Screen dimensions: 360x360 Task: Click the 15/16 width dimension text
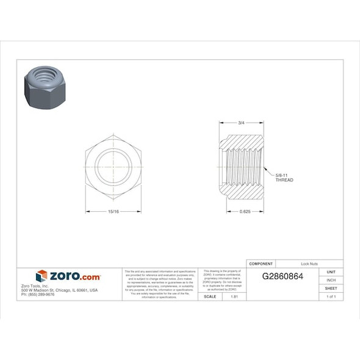[113, 212]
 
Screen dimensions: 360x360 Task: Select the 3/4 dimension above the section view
[241, 123]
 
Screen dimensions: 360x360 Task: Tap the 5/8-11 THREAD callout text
[284, 178]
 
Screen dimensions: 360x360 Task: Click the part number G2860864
[283, 276]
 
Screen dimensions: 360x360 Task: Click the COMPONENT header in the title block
[261, 264]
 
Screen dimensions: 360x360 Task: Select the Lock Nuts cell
[309, 264]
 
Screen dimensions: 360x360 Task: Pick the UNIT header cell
[331, 272]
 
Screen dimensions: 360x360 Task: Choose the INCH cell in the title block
[331, 280]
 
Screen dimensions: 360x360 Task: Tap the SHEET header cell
[331, 288]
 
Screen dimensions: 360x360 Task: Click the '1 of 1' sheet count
[331, 296]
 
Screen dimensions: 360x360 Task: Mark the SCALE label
[209, 296]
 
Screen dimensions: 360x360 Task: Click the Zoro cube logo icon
[41, 276]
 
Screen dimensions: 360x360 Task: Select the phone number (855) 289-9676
[38, 294]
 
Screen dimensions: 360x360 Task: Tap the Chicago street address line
[59, 290]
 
